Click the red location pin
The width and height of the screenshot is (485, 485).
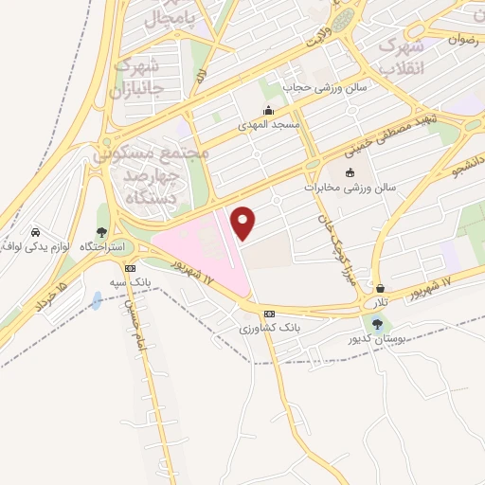(244, 223)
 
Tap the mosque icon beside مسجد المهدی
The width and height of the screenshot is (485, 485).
(269, 111)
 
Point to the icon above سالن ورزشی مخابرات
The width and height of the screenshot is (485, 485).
(350, 172)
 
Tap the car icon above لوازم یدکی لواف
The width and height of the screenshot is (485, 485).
(35, 233)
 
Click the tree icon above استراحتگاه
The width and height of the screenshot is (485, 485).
(101, 232)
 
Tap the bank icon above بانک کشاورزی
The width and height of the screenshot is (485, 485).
(269, 313)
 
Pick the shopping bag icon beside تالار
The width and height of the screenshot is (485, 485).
(381, 289)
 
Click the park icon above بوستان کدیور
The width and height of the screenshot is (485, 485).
(378, 324)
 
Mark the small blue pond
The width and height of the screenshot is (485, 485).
(97, 301)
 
